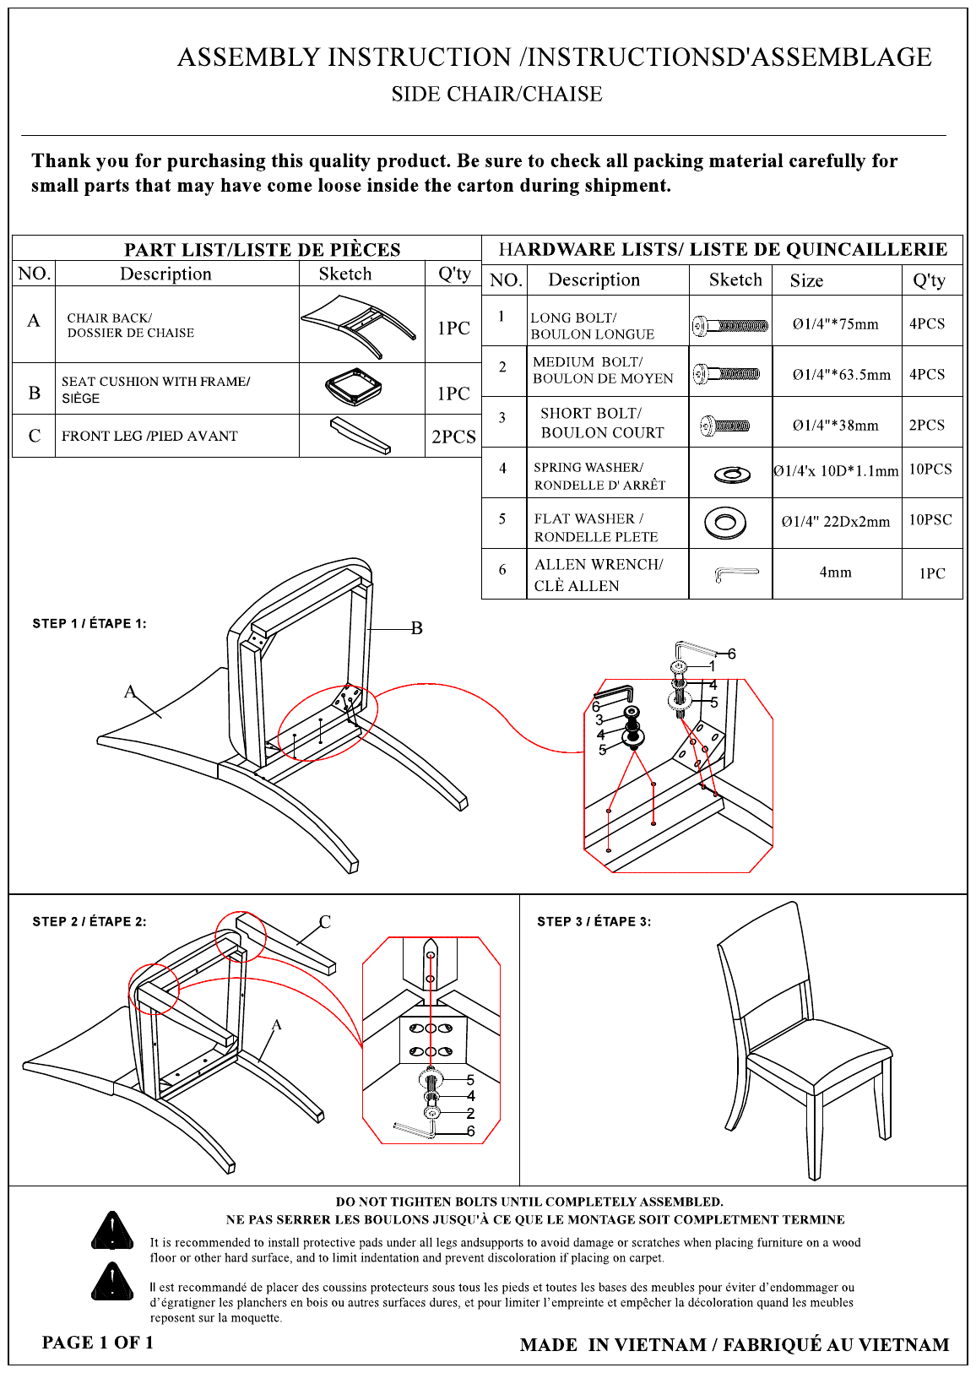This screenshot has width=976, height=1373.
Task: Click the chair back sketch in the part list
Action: [x=359, y=326]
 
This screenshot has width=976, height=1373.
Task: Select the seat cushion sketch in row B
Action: [x=354, y=386]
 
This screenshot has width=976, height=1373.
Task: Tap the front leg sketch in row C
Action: [x=361, y=436]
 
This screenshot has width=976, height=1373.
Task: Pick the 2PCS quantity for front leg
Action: [x=453, y=437]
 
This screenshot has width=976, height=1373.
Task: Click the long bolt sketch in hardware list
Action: [x=729, y=325]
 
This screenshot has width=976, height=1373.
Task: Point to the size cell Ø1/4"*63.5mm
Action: [x=841, y=374]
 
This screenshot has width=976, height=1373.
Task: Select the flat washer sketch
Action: [x=724, y=523]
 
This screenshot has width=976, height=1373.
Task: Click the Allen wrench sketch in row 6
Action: [x=736, y=574]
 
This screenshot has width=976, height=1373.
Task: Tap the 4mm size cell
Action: [x=836, y=572]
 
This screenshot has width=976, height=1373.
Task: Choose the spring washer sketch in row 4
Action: [x=732, y=475]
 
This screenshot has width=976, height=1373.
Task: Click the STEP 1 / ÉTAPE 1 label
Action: [x=89, y=623]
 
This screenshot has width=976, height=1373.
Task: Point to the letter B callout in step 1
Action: [x=416, y=628]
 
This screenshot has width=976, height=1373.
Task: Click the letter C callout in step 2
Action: [x=325, y=921]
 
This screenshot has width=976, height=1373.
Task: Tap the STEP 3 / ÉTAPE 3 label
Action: [x=594, y=921]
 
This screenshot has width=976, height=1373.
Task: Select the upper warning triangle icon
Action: [x=111, y=1230]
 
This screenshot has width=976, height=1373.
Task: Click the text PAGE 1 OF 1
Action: [x=97, y=1342]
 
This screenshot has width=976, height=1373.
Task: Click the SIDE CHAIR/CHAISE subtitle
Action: [x=497, y=94]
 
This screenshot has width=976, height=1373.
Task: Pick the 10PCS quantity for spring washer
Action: [x=930, y=469]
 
